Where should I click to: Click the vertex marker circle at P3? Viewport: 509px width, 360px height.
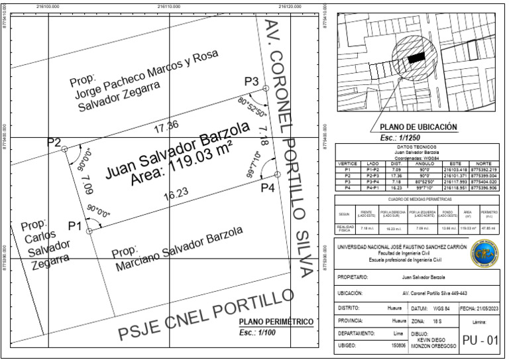tap(266, 88)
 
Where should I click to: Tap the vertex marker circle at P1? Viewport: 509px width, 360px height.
tap(89, 231)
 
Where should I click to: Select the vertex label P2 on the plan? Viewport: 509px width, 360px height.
tap(54, 143)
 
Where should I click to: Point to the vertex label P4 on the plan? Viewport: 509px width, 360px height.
tap(267, 188)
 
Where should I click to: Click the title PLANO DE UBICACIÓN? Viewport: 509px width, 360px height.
tap(418, 127)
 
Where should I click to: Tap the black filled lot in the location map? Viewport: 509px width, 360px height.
tap(416, 58)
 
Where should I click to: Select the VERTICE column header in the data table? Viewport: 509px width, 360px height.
tap(348, 163)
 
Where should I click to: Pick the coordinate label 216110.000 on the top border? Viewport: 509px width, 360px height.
tap(170, 5)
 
